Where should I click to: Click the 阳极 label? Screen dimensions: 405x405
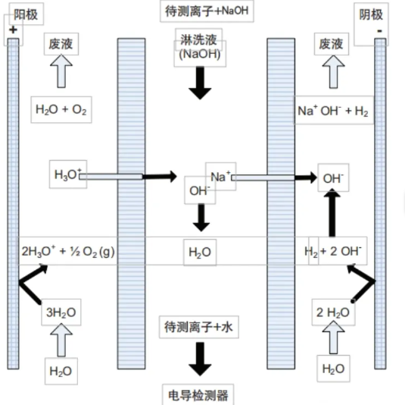tap(26, 14)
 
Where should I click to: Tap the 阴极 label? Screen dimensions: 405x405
tap(371, 14)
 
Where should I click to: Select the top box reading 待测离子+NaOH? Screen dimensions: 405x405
tap(207, 11)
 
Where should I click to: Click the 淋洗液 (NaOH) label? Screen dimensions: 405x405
tap(200, 47)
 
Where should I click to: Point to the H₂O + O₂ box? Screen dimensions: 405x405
tap(61, 110)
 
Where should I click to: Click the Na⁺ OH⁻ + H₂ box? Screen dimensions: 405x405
tap(333, 111)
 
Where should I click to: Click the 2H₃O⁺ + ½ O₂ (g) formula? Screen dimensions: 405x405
tap(68, 251)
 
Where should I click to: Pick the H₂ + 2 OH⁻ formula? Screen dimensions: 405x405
tap(333, 251)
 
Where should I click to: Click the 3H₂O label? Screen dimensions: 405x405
tap(61, 312)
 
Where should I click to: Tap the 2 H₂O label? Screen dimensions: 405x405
tap(333, 312)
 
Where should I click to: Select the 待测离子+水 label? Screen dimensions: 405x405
tap(198, 327)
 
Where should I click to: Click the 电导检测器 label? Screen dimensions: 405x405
tap(198, 395)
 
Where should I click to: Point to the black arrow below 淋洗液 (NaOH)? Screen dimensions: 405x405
tap(200, 83)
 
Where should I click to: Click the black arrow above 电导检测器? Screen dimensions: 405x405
tap(200, 359)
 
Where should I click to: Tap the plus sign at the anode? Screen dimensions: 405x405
tap(13, 30)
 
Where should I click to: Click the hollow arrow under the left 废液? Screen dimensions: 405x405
tap(61, 71)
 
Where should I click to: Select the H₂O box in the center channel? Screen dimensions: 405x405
tap(200, 253)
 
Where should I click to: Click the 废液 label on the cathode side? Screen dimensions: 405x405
tap(332, 44)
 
